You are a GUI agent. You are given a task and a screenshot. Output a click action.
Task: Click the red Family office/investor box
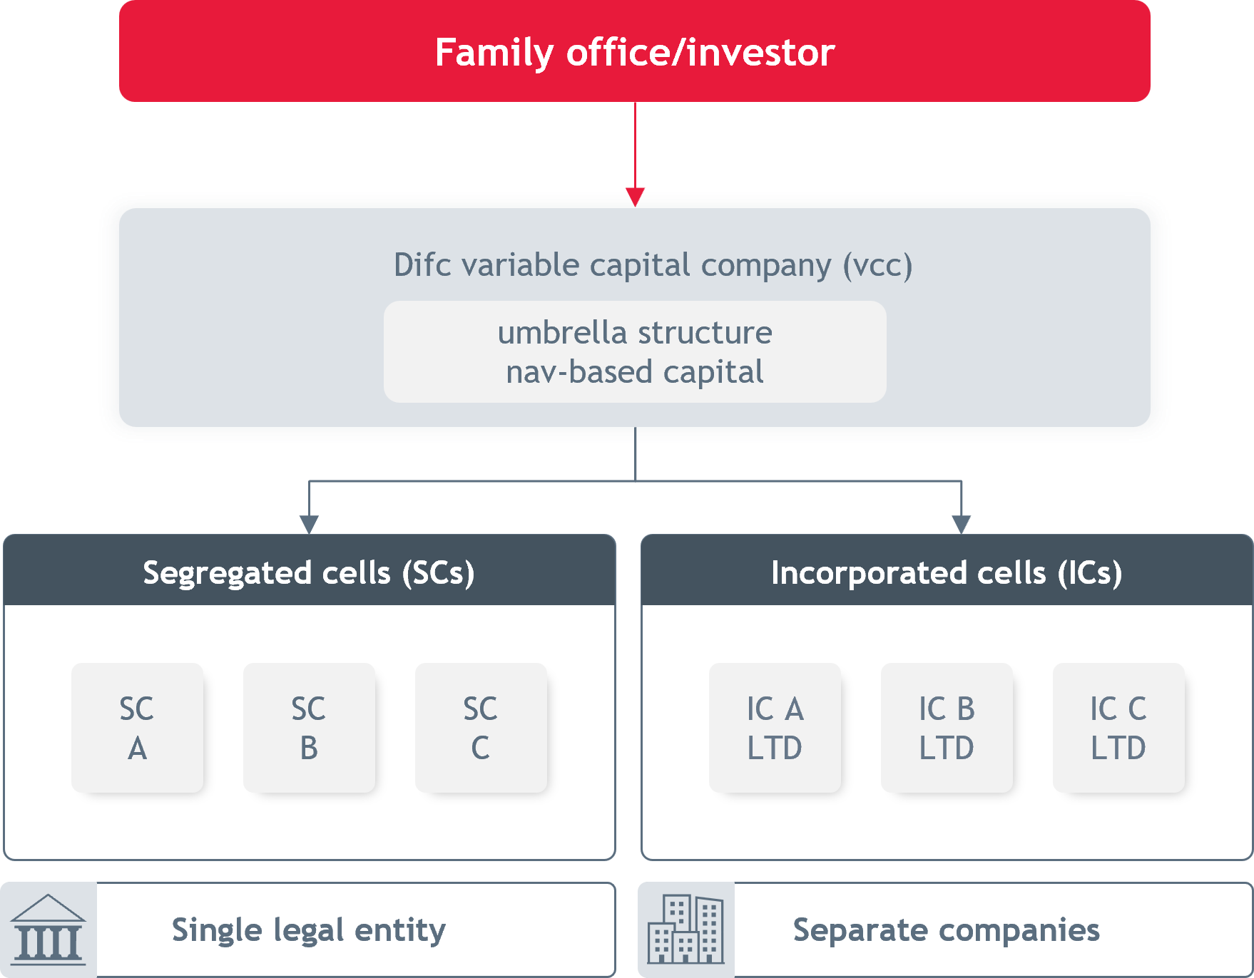tap(635, 51)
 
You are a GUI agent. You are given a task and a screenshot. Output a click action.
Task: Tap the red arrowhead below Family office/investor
tap(635, 197)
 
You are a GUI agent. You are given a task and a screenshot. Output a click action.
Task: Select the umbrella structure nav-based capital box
tap(635, 351)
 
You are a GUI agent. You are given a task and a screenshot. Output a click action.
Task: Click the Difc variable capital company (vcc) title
tap(653, 265)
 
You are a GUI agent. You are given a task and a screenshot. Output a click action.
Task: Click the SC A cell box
tap(137, 728)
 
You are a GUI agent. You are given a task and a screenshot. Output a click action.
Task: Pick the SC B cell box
tap(309, 728)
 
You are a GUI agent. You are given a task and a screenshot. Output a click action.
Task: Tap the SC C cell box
tap(481, 728)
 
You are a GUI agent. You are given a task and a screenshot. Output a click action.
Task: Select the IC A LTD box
tap(775, 728)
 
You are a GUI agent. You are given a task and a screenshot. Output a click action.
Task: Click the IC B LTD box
tap(947, 728)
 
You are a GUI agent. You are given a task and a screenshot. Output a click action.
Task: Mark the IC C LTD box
tap(1118, 728)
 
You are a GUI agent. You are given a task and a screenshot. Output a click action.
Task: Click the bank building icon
tap(49, 930)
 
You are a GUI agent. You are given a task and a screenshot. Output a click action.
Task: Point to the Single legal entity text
tap(309, 930)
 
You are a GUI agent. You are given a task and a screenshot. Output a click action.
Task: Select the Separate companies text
tap(947, 930)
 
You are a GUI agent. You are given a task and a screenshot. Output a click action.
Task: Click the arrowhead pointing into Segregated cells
tap(309, 525)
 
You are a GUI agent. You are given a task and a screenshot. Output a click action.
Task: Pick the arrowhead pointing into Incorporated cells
tap(962, 525)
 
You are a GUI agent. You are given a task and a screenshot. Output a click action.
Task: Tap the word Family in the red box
tap(494, 53)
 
